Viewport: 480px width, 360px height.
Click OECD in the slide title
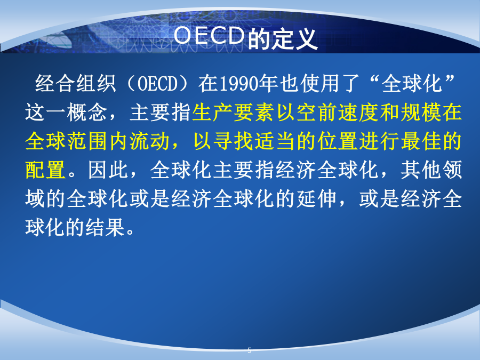[x=209, y=36]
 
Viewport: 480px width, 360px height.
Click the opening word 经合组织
[x=76, y=83]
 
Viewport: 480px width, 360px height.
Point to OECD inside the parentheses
[x=157, y=83]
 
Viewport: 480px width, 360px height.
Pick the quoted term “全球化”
[x=412, y=83]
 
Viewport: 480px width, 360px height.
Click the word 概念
[x=86, y=112]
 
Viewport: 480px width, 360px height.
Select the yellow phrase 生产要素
[x=233, y=112]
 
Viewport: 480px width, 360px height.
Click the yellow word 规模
[x=421, y=112]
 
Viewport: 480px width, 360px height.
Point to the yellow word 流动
[x=149, y=141]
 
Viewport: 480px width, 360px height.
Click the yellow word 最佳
[x=421, y=141]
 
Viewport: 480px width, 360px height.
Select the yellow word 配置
[x=45, y=170]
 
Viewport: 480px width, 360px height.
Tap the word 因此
[x=108, y=170]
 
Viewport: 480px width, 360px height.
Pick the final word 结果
[x=105, y=227]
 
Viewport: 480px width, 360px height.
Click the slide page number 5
[x=250, y=350]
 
